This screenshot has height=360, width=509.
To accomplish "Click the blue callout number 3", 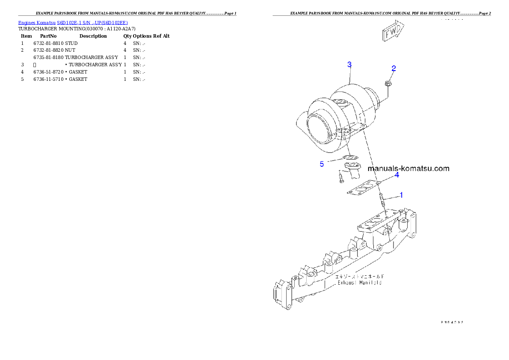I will click(x=349, y=65).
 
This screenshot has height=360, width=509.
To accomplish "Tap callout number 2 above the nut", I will click(x=394, y=68).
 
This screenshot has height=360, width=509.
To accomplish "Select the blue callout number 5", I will click(x=322, y=164).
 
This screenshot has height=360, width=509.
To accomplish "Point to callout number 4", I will click(x=397, y=175).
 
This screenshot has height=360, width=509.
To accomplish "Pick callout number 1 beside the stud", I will click(x=401, y=195).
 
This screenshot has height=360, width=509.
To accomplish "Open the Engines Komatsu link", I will click(x=37, y=23).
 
